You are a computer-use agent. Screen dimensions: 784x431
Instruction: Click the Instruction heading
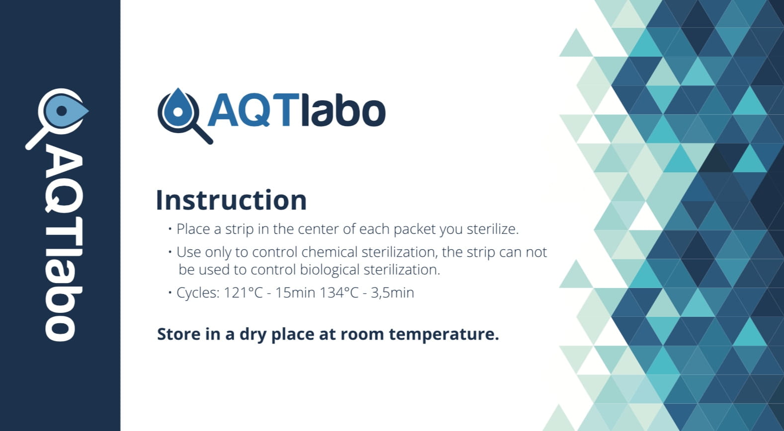231,200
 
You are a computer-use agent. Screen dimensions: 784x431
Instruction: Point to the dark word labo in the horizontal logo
344,109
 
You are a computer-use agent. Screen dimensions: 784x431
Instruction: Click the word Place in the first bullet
193,229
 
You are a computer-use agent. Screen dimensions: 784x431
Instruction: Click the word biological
330,270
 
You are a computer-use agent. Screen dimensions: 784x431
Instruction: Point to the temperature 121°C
243,292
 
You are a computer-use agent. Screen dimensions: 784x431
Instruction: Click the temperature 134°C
339,292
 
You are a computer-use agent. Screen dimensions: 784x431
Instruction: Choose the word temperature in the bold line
444,335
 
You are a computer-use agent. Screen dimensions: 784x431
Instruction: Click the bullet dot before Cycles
170,292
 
